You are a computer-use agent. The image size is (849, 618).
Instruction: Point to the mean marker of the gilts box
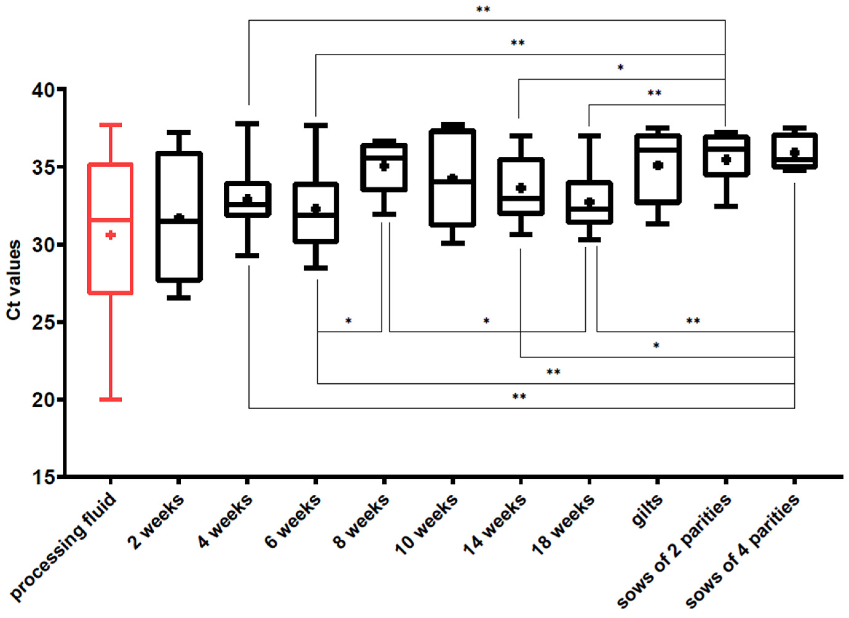tap(658, 165)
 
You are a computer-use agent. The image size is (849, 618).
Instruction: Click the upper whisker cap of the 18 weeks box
tap(589, 136)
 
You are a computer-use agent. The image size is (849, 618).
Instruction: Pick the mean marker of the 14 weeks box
tap(521, 188)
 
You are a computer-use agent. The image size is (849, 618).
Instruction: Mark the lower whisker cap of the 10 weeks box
tap(453, 243)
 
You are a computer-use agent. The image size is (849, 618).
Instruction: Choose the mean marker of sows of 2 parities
tap(726, 160)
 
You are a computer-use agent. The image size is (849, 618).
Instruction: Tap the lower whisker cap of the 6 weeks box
tap(316, 268)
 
